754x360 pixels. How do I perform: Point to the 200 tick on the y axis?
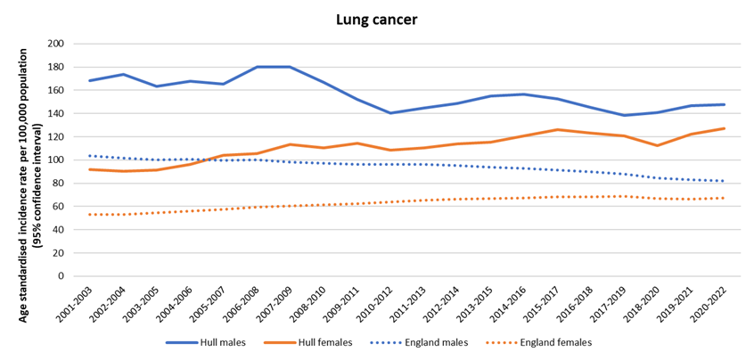[x=55, y=44]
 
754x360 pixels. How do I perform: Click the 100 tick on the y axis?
[x=55, y=160]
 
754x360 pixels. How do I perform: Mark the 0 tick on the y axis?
[x=60, y=275]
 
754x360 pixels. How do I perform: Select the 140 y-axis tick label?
[x=55, y=113]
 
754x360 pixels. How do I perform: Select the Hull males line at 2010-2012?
[x=390, y=113]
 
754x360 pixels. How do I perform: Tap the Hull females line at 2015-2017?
[x=557, y=130]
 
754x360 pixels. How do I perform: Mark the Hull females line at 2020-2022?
[x=724, y=128]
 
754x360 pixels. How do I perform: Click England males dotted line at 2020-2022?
[x=724, y=181]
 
